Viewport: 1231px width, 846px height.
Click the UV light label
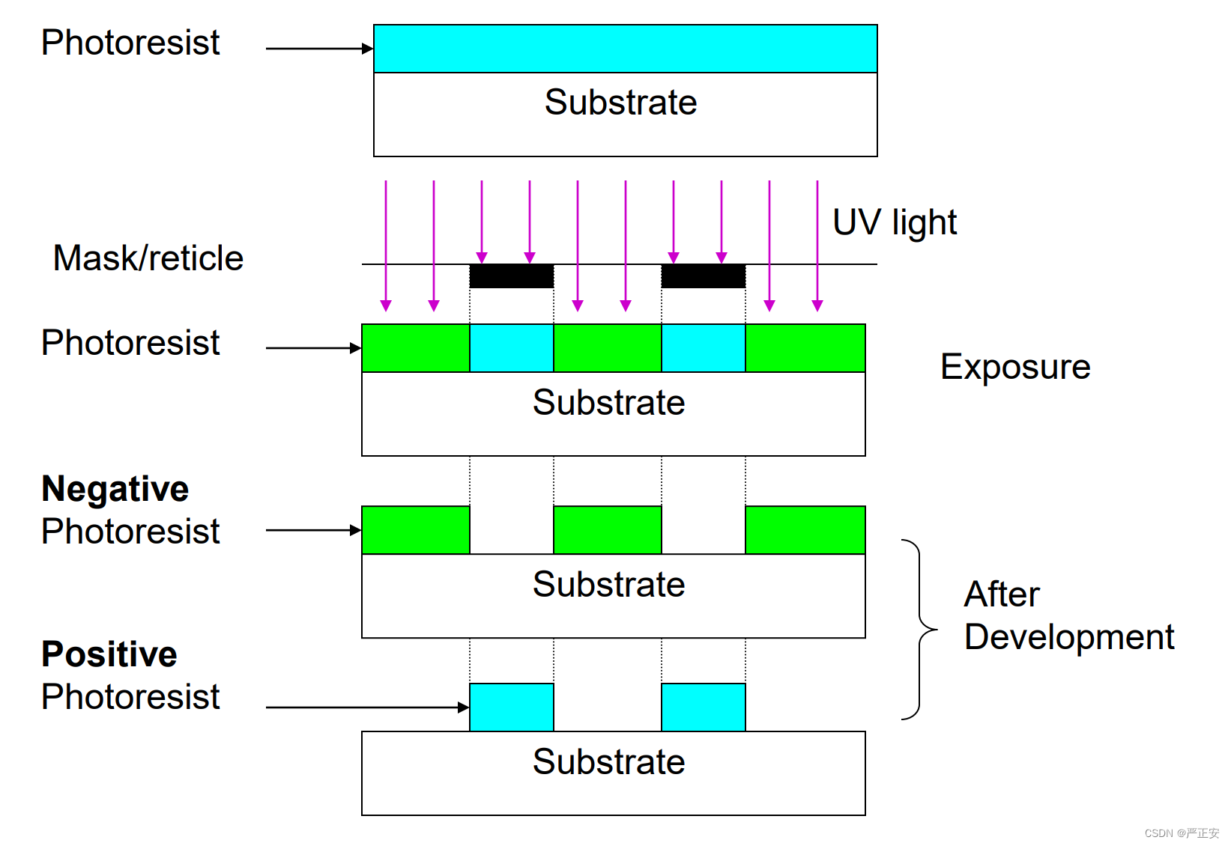[x=895, y=222]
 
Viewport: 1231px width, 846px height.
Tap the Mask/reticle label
[x=148, y=258]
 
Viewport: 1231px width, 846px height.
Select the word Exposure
[x=1014, y=367]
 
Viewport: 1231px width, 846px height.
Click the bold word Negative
[x=115, y=489]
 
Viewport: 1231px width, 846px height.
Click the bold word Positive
[x=109, y=654]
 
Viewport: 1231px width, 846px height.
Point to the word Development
[x=1068, y=638]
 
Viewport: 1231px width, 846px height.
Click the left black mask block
[x=511, y=276]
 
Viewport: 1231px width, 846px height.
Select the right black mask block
[x=703, y=276]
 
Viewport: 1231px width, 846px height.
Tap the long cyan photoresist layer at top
[x=625, y=49]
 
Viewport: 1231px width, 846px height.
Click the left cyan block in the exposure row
[x=511, y=348]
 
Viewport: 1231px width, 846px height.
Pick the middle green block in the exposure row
[x=607, y=348]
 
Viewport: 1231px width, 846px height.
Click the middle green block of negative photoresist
[x=607, y=530]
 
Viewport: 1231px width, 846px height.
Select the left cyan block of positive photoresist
[x=511, y=707]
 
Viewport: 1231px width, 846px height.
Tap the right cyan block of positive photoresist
[x=703, y=707]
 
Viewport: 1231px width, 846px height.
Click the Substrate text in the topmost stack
[x=620, y=103]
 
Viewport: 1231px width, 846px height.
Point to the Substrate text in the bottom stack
[x=608, y=762]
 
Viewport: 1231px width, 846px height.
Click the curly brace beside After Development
[x=920, y=629]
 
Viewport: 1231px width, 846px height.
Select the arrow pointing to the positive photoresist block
[x=367, y=707]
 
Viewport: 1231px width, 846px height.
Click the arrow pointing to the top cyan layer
[x=319, y=49]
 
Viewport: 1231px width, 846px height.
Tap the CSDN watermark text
[x=1181, y=833]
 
